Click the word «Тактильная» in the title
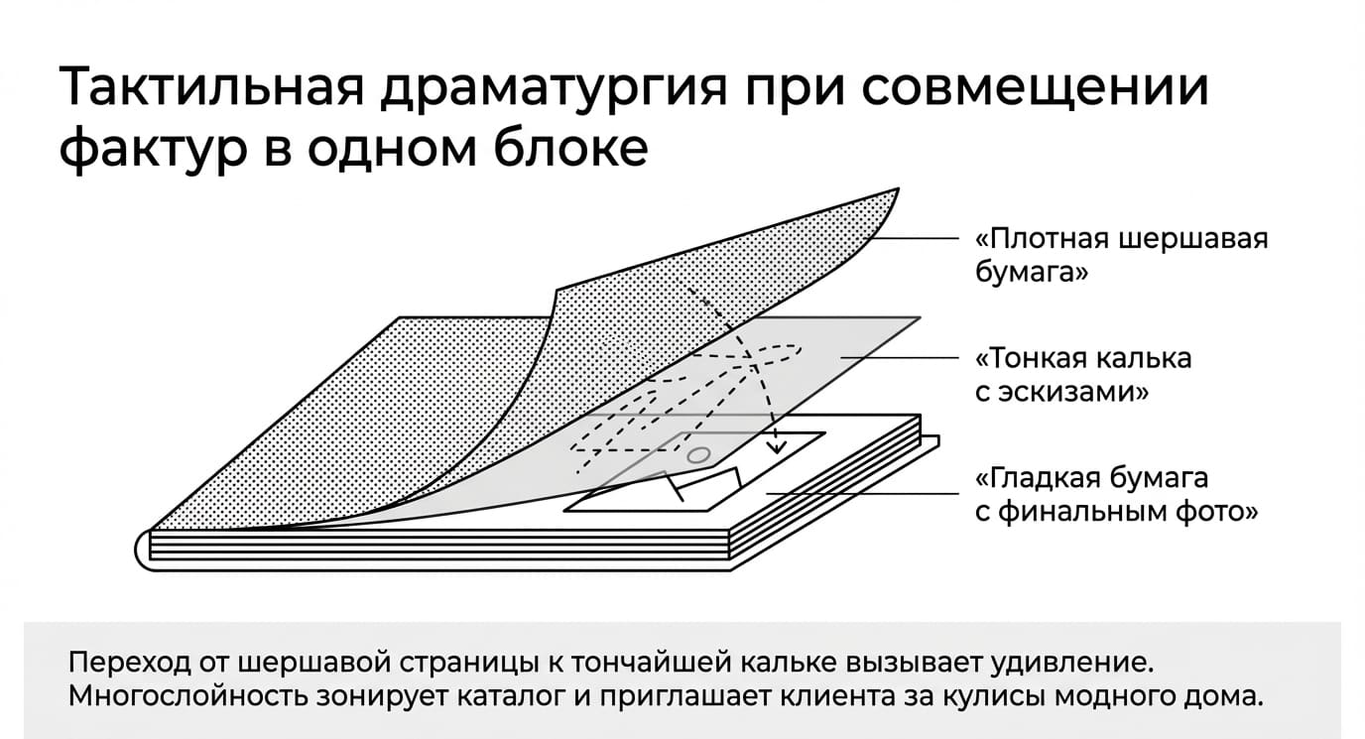211,86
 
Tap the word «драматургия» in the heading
555,90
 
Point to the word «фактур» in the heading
153,150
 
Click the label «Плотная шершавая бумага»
1121,255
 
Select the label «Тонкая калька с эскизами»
1083,375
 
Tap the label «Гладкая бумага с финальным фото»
1116,495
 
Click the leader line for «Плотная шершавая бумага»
914,238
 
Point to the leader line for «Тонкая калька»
900,358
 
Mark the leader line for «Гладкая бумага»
862,493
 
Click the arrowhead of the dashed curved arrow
776,446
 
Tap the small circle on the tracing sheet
698,455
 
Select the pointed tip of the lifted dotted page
898,189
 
